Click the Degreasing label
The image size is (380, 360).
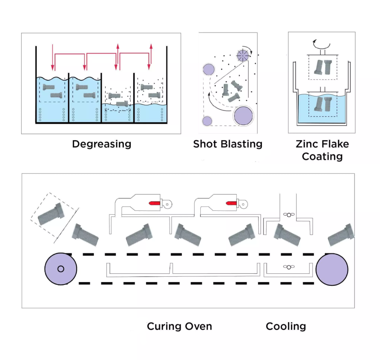pyautogui.click(x=101, y=144)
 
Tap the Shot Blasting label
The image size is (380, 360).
pyautogui.click(x=227, y=144)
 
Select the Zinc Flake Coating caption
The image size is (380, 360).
pyautogui.click(x=322, y=150)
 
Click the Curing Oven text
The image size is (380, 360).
pyautogui.click(x=179, y=327)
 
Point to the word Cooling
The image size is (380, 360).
pyautogui.click(x=286, y=327)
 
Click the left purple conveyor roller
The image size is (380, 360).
pyautogui.click(x=61, y=269)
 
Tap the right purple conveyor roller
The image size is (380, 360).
pyautogui.click(x=332, y=269)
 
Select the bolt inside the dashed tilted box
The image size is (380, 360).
pyautogui.click(x=51, y=214)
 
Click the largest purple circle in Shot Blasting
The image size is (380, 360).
pyautogui.click(x=243, y=116)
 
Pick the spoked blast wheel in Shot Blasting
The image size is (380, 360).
pyautogui.click(x=242, y=56)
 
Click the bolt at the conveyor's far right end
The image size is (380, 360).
pyautogui.click(x=341, y=235)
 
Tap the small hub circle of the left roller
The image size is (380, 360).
pyautogui.click(x=61, y=269)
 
